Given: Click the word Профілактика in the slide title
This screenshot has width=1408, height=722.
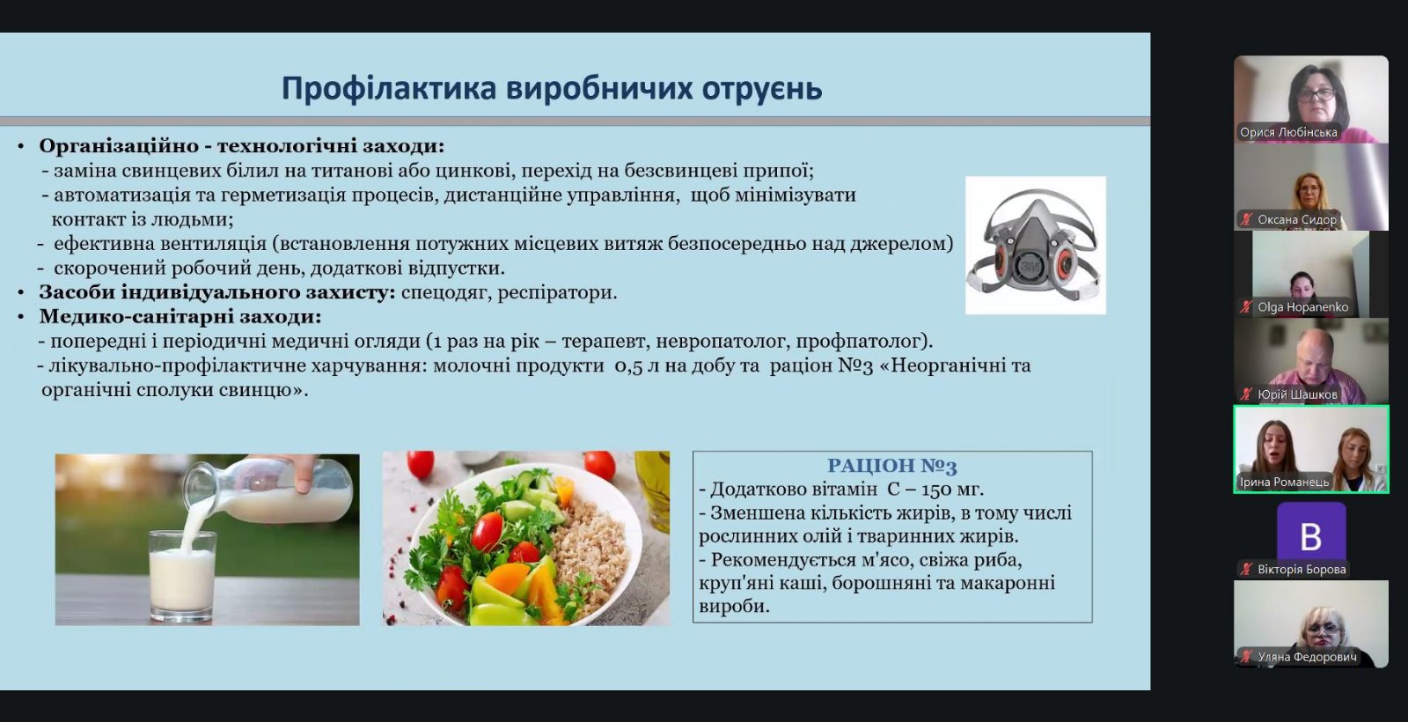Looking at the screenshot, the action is pyautogui.click(x=390, y=88).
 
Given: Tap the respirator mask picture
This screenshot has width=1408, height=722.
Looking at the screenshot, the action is pyautogui.click(x=1035, y=246).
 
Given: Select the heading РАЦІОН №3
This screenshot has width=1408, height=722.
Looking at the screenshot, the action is pyautogui.click(x=892, y=466).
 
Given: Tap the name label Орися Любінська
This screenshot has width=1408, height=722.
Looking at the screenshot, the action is pyautogui.click(x=1288, y=132).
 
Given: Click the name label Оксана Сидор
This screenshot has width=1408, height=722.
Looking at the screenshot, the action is pyautogui.click(x=1297, y=219).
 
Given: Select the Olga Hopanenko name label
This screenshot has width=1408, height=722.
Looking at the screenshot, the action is pyautogui.click(x=1303, y=307).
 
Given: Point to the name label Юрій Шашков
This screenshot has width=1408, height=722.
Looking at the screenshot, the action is pyautogui.click(x=1297, y=394).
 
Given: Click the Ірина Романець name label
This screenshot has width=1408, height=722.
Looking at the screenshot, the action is pyautogui.click(x=1284, y=482).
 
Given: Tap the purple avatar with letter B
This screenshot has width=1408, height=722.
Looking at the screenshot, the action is pyautogui.click(x=1311, y=536).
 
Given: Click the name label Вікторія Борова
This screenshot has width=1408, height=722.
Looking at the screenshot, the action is pyautogui.click(x=1302, y=569).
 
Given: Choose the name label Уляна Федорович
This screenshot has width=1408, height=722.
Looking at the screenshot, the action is pyautogui.click(x=1307, y=657).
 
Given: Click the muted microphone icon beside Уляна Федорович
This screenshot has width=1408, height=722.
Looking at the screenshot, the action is pyautogui.click(x=1246, y=657).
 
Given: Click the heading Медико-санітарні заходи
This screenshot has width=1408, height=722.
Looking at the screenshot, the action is pyautogui.click(x=180, y=316).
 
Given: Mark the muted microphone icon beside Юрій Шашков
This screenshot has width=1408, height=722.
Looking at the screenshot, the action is pyautogui.click(x=1246, y=394).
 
